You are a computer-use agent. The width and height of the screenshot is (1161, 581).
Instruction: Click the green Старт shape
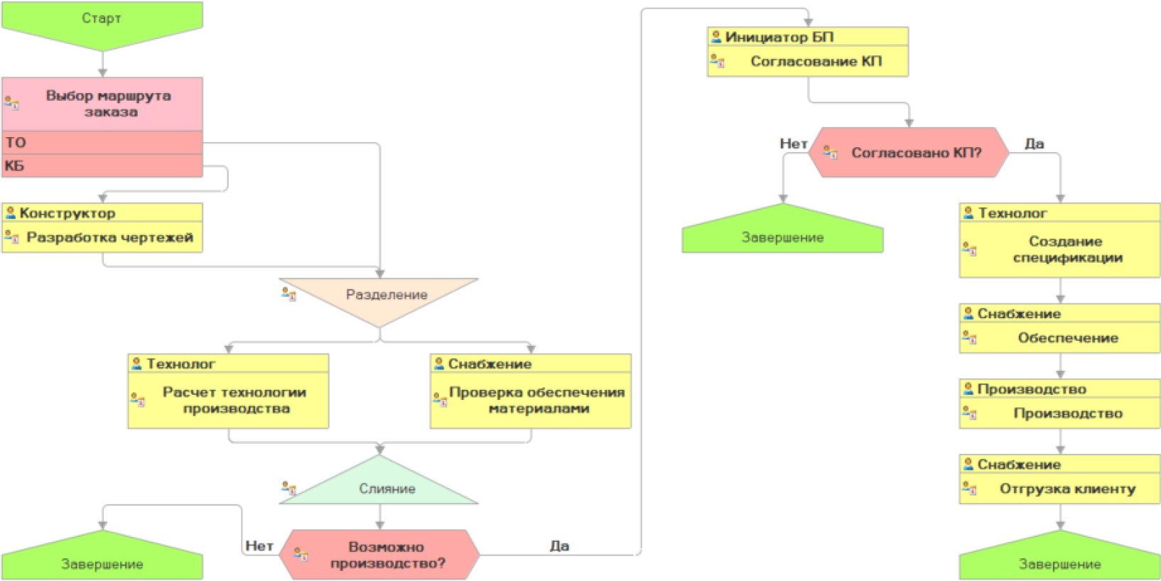102,21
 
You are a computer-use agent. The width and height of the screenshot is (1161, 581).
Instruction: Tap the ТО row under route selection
102,142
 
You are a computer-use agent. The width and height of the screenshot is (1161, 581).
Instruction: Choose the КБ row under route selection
102,165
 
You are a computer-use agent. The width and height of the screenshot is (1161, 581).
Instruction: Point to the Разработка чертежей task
109,237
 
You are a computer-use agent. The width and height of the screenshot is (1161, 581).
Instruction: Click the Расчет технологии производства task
234,400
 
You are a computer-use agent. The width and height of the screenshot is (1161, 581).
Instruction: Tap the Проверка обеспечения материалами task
536,400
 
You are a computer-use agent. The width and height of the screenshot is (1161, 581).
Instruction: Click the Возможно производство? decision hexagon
386,555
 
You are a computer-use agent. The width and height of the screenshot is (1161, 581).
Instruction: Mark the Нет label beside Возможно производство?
259,545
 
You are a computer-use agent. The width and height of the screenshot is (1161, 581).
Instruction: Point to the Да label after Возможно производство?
559,545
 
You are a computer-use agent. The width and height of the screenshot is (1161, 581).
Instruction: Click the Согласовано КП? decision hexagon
915,153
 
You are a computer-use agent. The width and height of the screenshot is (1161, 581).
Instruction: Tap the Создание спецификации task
1066,249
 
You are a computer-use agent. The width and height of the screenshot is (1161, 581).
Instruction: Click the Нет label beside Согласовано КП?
793,143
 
